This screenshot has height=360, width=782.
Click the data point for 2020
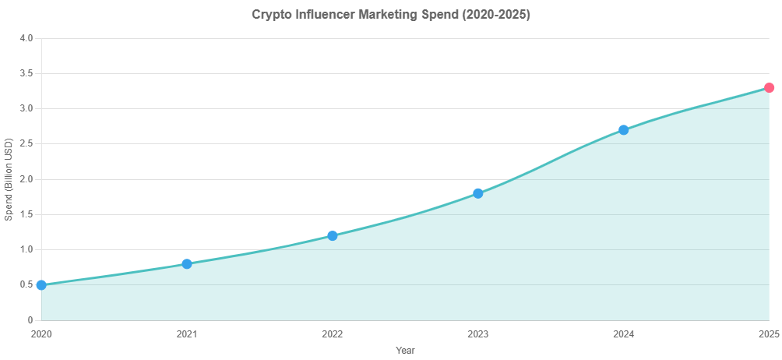click(x=41, y=285)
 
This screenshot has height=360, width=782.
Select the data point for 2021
click(x=187, y=263)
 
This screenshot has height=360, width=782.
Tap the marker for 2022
click(x=333, y=235)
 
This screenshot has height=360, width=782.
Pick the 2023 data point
click(x=478, y=193)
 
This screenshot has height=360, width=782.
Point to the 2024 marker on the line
click(x=623, y=130)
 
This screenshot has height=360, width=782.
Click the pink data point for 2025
click(x=769, y=88)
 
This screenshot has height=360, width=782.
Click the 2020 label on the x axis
click(x=41, y=334)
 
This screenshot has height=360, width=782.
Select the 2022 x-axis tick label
click(x=333, y=334)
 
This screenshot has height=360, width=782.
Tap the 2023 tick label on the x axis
click(x=478, y=334)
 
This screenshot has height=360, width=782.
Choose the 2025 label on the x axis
click(x=769, y=334)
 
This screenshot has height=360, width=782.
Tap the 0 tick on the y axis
click(x=29, y=320)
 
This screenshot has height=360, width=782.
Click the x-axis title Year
click(x=405, y=351)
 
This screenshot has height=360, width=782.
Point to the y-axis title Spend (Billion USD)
click(x=9, y=179)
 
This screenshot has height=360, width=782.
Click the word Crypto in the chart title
click(x=269, y=15)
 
